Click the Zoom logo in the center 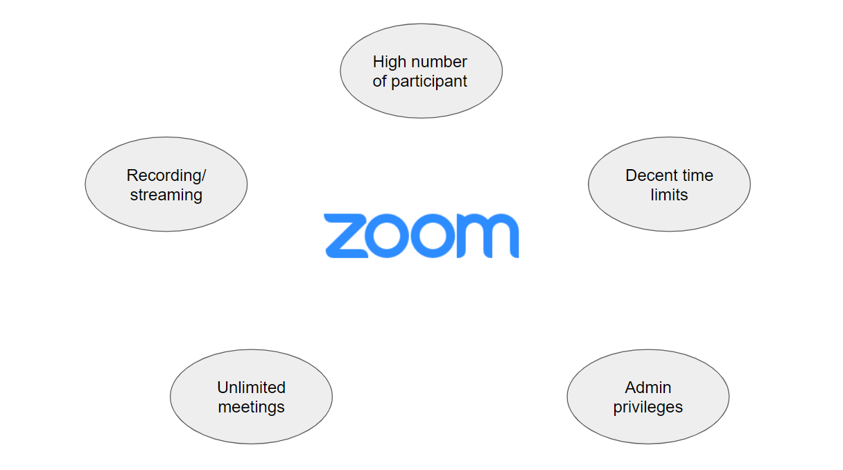(421, 236)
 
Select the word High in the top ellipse (389, 62)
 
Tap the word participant (429, 81)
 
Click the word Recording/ (166, 175)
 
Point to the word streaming (166, 195)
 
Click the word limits (669, 195)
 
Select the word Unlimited (251, 388)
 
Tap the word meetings (251, 407)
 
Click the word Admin (648, 388)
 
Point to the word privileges (648, 407)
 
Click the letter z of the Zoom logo (345, 236)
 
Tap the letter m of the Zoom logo (490, 236)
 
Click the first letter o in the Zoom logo (392, 236)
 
